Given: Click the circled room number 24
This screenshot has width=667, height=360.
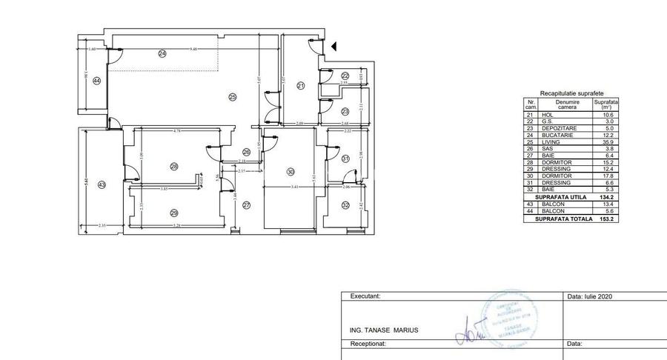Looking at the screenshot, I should [162, 53].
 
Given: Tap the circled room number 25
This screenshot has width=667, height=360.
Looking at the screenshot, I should [231, 97].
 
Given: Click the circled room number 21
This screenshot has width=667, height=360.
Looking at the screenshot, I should [301, 87].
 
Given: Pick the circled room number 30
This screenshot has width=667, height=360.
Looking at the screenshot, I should [290, 173].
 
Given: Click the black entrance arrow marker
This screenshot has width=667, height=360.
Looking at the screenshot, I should [334, 46].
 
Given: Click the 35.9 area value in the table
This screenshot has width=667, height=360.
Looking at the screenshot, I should [607, 141].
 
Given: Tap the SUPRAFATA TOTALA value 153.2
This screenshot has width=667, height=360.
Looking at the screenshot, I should [607, 220].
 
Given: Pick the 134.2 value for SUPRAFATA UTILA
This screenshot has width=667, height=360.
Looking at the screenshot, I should [607, 198].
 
